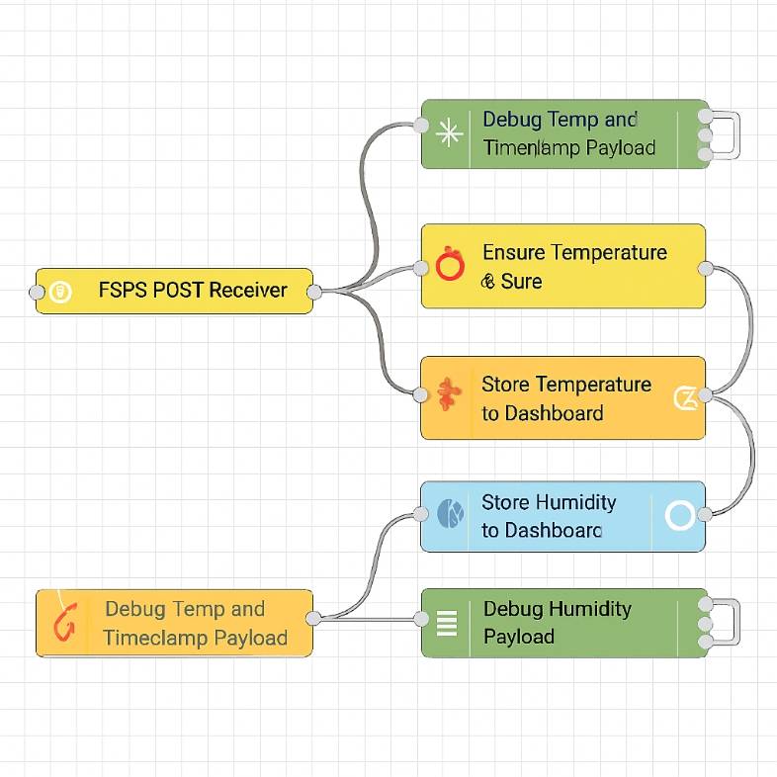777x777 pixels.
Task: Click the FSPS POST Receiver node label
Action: pyautogui.click(x=193, y=291)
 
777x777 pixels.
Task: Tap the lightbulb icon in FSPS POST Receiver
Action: pyautogui.click(x=60, y=292)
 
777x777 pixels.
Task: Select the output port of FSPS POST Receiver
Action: pyautogui.click(x=313, y=292)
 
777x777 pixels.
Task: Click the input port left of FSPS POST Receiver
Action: pyautogui.click(x=37, y=292)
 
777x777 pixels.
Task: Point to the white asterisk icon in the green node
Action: pyautogui.click(x=449, y=133)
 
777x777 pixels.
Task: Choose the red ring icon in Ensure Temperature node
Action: pyautogui.click(x=449, y=265)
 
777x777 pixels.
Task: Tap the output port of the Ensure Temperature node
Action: pyautogui.click(x=705, y=268)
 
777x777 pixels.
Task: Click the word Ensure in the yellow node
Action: pyautogui.click(x=511, y=253)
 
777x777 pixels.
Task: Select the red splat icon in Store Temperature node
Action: pyautogui.click(x=448, y=395)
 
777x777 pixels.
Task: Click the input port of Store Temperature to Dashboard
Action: pyautogui.click(x=421, y=395)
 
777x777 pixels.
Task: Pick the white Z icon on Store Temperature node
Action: pyautogui.click(x=684, y=397)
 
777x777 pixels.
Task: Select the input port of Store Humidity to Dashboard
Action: pyautogui.click(x=421, y=514)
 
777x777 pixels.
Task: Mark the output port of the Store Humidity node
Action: pyautogui.click(x=705, y=514)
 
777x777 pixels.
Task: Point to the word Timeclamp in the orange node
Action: pyautogui.click(x=148, y=638)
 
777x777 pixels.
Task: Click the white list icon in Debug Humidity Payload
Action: pyautogui.click(x=447, y=622)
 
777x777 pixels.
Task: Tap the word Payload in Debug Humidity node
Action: pyautogui.click(x=518, y=637)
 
